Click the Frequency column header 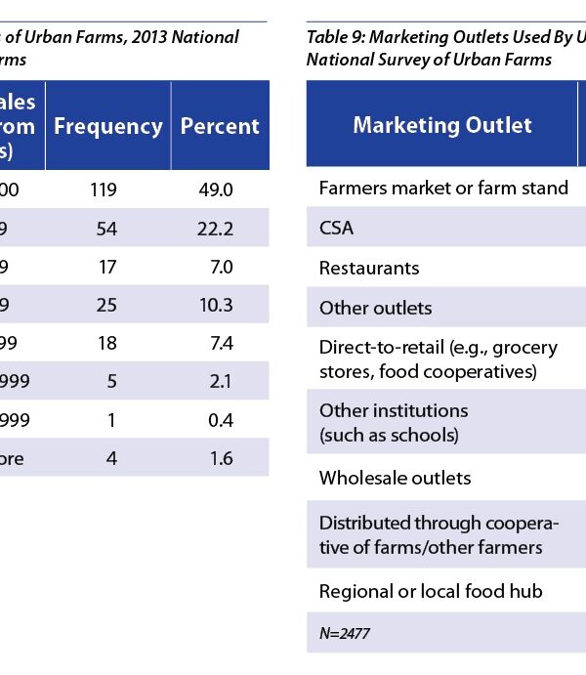point(107,126)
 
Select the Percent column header point(220,126)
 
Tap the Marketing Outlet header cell point(441,125)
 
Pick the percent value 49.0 point(215,190)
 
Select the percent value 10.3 point(215,305)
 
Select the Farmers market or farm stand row point(443,188)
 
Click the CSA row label point(336,229)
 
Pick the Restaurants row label point(368,268)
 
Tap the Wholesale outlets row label point(395,478)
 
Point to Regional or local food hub point(430,591)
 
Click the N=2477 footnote point(344,633)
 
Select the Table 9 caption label point(336,38)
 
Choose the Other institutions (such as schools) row point(393,422)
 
